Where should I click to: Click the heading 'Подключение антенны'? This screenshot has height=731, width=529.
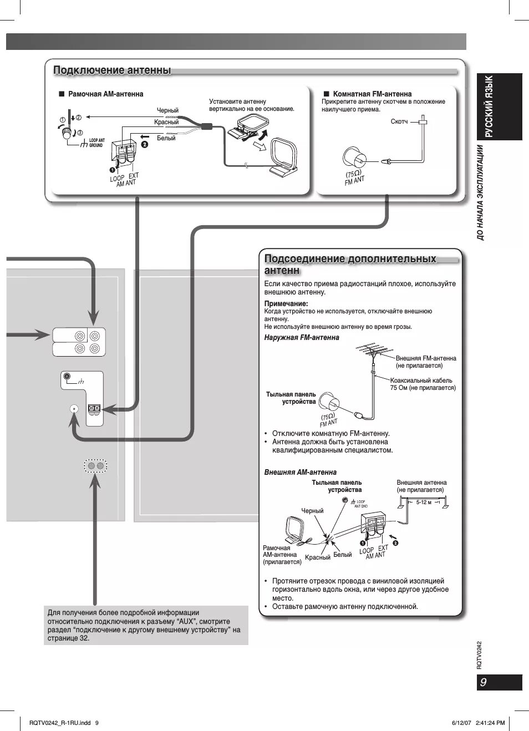pos(112,70)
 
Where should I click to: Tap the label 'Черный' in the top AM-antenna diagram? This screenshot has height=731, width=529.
pos(167,110)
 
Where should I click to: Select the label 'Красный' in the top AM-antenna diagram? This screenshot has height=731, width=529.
pos(166,122)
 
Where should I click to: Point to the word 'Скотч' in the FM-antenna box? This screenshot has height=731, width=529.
pos(399,121)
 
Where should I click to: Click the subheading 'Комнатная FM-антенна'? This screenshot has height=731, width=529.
pos(372,94)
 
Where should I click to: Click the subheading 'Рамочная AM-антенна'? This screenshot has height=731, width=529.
pos(105,94)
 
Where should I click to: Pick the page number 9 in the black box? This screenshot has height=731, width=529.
pos(484,682)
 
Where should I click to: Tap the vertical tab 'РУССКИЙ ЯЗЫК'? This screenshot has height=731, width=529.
pos(489,106)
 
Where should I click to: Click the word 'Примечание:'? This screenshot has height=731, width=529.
pos(286,303)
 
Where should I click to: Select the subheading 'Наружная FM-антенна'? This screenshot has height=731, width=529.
pos(302,337)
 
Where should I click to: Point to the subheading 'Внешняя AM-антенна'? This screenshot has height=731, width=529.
pos(301,472)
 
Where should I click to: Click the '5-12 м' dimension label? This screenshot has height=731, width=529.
pos(424,502)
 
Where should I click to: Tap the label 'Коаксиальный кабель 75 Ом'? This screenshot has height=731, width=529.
pos(423,384)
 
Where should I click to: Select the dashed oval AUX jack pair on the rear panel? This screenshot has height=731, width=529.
pos(95,466)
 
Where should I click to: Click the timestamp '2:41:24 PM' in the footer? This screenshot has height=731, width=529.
pos(490,723)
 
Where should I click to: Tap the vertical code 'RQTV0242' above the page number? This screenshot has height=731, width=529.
pos(480,655)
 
